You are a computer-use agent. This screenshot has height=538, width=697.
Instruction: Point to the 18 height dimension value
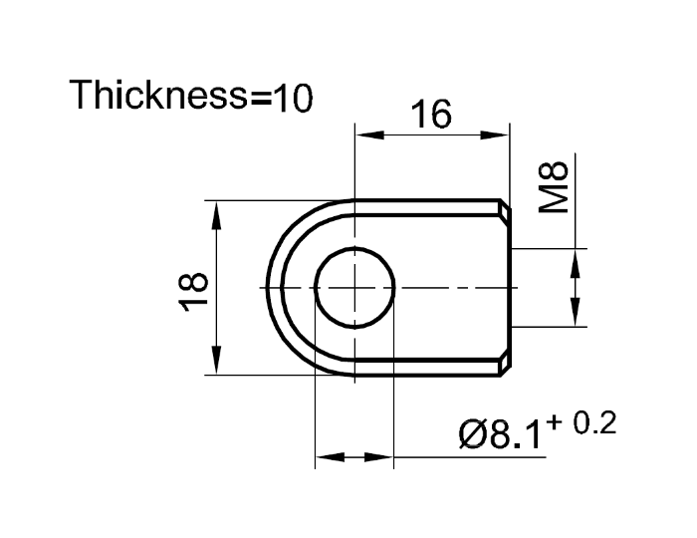pyautogui.click(x=195, y=289)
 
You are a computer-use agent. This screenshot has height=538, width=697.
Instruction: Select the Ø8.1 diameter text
pyautogui.click(x=502, y=435)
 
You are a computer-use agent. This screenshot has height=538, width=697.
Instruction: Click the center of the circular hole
pyautogui.click(x=354, y=287)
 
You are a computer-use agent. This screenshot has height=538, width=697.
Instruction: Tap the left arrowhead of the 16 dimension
pyautogui.click(x=365, y=134)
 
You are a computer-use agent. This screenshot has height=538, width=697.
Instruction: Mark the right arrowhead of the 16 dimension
pyautogui.click(x=500, y=134)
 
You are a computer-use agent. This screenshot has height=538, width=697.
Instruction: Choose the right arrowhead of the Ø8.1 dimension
pyautogui.click(x=382, y=458)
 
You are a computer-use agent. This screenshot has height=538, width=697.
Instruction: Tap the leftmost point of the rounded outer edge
pyautogui.click(x=269, y=287)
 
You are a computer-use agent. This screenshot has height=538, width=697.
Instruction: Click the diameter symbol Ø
pyautogui.click(x=473, y=435)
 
